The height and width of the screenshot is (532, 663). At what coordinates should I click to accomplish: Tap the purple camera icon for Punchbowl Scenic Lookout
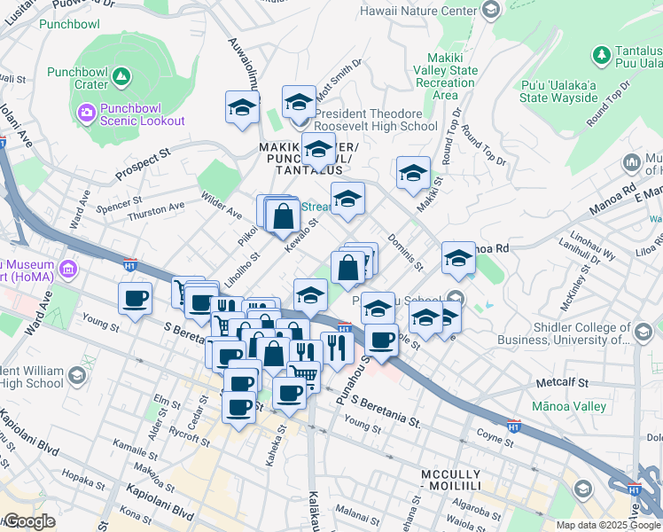click(86, 113)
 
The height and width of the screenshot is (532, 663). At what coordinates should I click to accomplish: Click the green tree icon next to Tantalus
click(602, 55)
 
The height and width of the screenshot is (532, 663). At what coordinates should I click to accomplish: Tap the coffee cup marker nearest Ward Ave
click(135, 299)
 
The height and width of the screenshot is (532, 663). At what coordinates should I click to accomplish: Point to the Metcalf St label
click(568, 382)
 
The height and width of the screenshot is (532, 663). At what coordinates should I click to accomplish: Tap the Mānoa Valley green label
click(570, 406)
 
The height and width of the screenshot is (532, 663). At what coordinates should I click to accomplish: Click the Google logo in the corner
click(28, 521)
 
